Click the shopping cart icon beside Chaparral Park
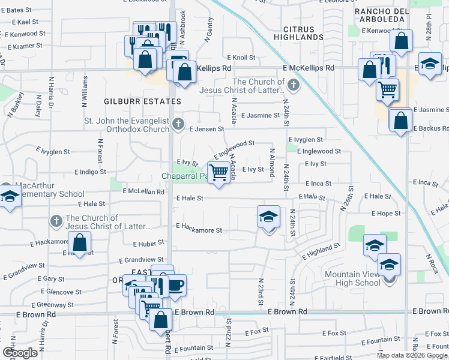click(220, 173)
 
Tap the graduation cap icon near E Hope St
click(269, 217)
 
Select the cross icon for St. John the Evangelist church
click(178, 124)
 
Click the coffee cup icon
click(175, 286)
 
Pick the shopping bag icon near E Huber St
click(79, 244)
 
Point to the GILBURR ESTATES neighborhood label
click(133, 101)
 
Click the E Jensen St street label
click(206, 128)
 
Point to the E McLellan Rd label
click(143, 191)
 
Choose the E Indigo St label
click(90, 172)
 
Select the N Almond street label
click(272, 162)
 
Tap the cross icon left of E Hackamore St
click(56, 221)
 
